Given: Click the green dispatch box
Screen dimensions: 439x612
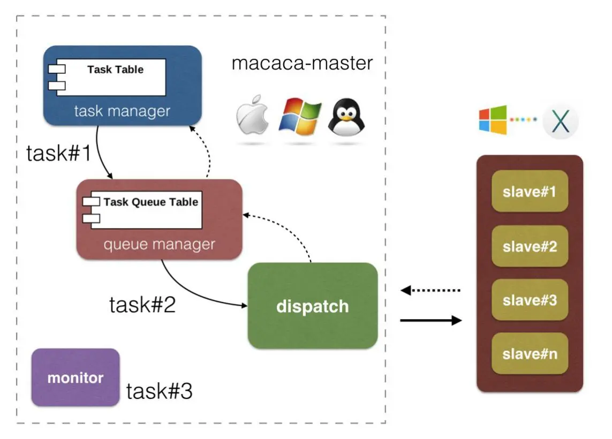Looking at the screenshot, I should pyautogui.click(x=313, y=306).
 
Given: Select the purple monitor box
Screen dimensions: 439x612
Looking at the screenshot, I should pyautogui.click(x=75, y=377).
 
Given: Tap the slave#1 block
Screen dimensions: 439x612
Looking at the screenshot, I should pyautogui.click(x=530, y=191).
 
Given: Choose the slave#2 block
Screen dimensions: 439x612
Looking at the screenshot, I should pyautogui.click(x=530, y=246).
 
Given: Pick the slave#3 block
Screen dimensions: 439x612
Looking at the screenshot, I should pyautogui.click(x=530, y=300).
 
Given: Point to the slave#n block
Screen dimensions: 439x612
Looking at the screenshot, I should pyautogui.click(x=530, y=353).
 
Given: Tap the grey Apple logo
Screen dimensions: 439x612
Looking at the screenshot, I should pyautogui.click(x=252, y=116).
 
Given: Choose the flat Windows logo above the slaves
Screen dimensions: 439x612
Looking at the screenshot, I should pyautogui.click(x=493, y=119).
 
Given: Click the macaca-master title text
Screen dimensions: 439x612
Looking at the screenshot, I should pyautogui.click(x=302, y=63).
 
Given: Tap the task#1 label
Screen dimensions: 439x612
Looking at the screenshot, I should pyautogui.click(x=59, y=154).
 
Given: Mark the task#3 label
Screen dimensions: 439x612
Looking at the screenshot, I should pyautogui.click(x=159, y=392).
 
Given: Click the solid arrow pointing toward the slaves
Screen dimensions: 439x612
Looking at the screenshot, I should pyautogui.click(x=430, y=321).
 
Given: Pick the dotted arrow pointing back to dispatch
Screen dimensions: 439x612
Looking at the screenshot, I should pyautogui.click(x=430, y=291).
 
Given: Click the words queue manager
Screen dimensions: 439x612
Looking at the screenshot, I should pyautogui.click(x=159, y=245).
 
